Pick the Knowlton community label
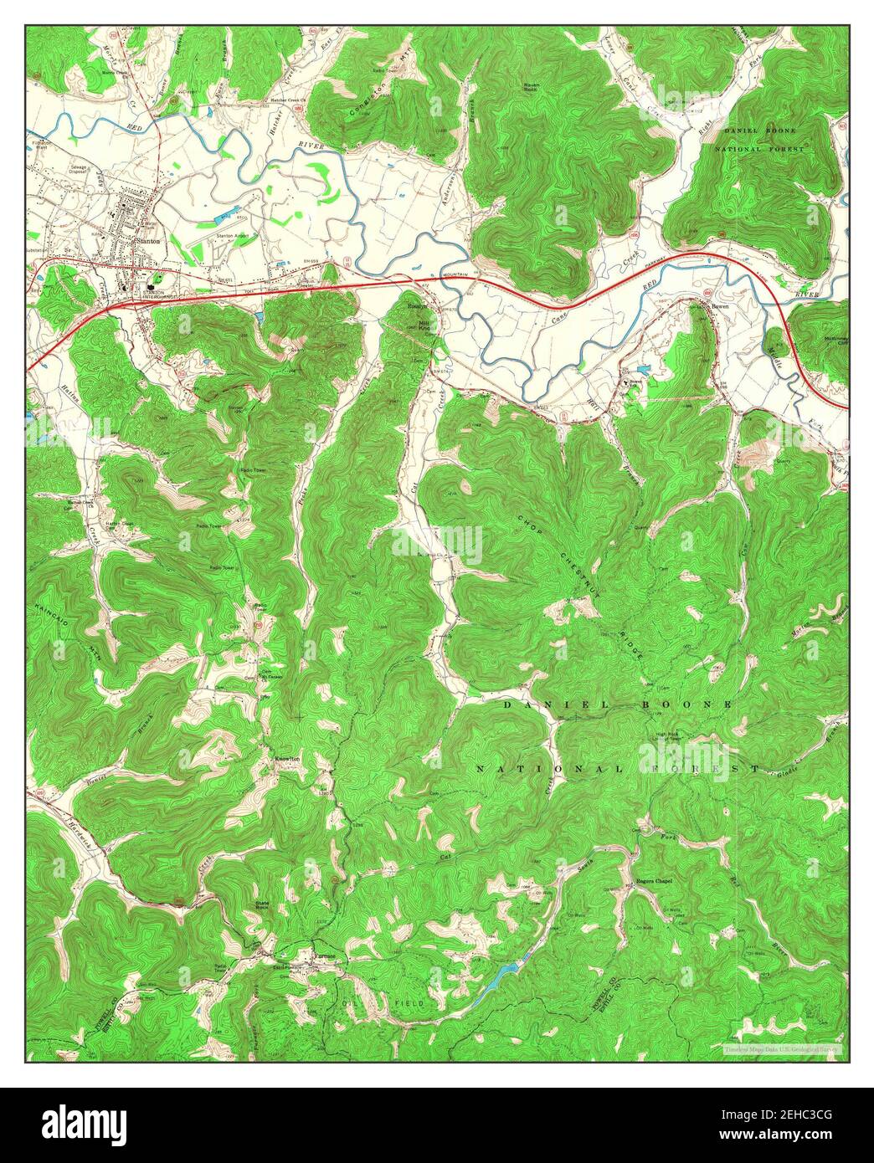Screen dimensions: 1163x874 point(287,759)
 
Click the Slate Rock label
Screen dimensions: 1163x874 point(265,906)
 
